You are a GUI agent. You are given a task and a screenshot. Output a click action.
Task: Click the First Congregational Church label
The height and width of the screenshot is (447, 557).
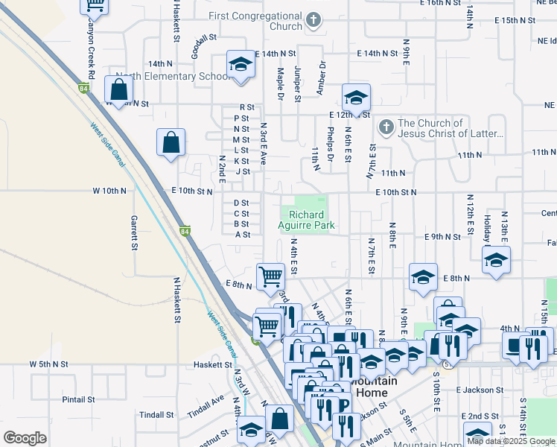point(255,21)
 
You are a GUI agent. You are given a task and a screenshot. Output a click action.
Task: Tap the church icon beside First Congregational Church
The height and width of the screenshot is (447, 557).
point(314,20)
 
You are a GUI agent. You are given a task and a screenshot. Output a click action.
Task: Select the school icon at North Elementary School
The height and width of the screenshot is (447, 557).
point(241,65)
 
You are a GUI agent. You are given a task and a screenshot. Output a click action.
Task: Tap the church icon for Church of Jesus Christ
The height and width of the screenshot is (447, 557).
point(386,127)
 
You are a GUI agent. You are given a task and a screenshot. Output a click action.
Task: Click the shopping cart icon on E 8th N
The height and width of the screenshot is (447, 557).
point(270,276)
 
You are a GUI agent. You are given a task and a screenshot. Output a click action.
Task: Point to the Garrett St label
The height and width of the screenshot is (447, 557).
point(135,232)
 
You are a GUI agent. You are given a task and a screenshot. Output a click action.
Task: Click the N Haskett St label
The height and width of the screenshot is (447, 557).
point(177,300)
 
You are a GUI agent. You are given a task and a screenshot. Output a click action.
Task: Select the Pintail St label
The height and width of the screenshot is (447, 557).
point(77,399)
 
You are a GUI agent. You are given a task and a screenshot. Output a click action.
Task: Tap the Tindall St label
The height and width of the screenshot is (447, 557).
point(157,415)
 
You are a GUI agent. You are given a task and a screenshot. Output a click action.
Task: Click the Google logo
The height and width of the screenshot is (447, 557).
point(25,438)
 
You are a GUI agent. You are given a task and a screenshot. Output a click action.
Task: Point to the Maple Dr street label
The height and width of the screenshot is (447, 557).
point(281,84)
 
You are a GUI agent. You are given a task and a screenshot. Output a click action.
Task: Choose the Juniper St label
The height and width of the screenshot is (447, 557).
point(297,83)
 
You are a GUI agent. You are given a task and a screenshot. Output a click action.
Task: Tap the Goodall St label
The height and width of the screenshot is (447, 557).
point(203,37)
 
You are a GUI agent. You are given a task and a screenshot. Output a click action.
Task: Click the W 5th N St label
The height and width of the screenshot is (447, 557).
point(49,364)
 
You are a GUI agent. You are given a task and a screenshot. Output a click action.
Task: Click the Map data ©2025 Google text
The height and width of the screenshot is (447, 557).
point(510,441)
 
